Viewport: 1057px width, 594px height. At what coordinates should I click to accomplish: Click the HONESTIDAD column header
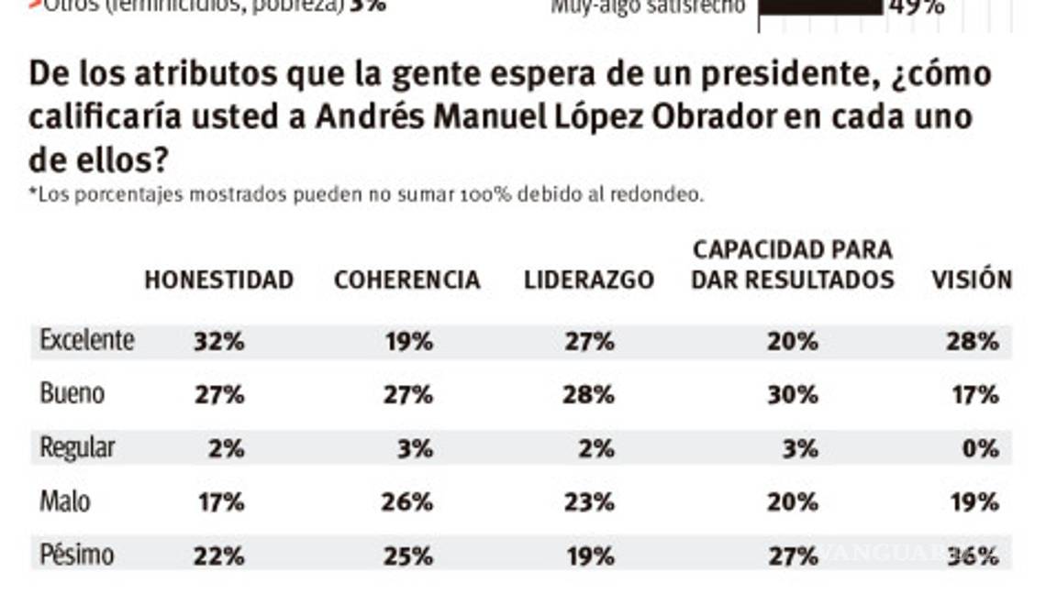point(218,280)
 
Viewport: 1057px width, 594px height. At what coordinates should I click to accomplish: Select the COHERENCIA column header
point(406,280)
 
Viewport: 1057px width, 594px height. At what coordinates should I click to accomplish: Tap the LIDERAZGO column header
point(588,280)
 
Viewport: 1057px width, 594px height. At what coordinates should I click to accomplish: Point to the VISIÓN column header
point(972,280)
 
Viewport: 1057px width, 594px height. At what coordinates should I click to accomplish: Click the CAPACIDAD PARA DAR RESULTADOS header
point(792,265)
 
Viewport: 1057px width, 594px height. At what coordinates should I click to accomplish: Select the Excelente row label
point(87,341)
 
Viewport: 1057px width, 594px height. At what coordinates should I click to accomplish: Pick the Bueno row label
point(72,394)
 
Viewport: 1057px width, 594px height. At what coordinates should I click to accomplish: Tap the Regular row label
point(77,448)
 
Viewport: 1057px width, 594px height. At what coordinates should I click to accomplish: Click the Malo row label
point(65,502)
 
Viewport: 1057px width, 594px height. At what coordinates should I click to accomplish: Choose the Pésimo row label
point(76,555)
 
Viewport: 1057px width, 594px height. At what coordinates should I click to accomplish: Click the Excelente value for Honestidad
point(218,342)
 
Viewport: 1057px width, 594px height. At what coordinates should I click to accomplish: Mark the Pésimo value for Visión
point(973,556)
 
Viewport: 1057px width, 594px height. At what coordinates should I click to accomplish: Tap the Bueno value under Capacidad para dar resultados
point(792,395)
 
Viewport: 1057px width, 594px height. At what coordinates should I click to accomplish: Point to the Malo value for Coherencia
point(406,502)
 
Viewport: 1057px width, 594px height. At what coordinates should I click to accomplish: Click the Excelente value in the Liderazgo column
point(588,342)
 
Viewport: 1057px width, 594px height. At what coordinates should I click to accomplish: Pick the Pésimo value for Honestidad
point(218,556)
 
